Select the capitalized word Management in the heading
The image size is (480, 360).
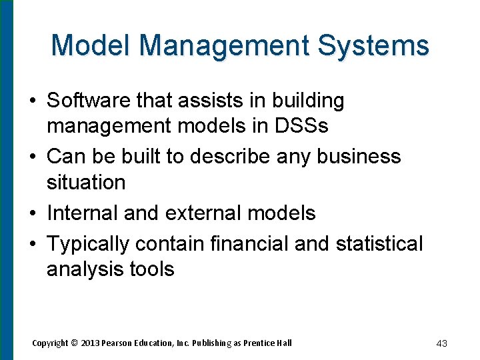[225, 46]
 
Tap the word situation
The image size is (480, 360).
[86, 182]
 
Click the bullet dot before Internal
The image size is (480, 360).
[32, 213]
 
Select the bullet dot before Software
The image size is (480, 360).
[32, 101]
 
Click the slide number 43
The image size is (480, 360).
[441, 343]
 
